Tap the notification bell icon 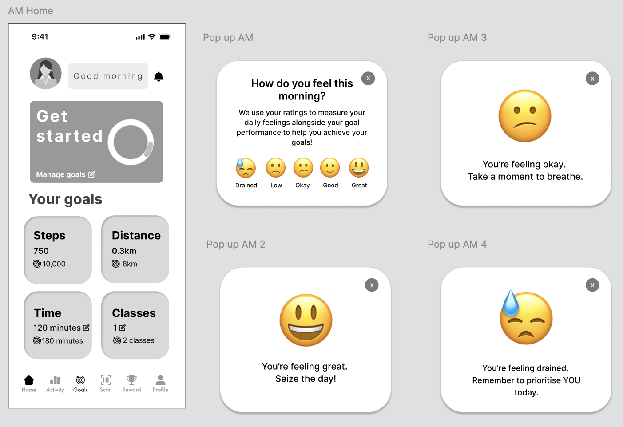(x=159, y=76)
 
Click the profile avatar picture (x=46, y=73)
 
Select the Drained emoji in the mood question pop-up (x=245, y=167)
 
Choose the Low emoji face (x=276, y=168)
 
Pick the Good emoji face (x=330, y=168)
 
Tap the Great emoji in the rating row (x=359, y=168)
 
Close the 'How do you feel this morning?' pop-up (x=368, y=79)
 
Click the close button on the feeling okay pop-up (x=592, y=79)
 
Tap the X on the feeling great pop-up (x=372, y=285)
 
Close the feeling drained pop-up (x=592, y=285)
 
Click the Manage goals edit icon (x=91, y=174)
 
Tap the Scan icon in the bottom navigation (x=106, y=380)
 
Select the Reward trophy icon (x=131, y=380)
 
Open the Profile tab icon (x=160, y=380)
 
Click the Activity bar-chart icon (x=55, y=380)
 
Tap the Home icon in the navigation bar (x=29, y=380)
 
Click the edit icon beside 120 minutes (x=86, y=328)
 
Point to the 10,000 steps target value (x=54, y=264)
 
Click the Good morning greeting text (x=108, y=76)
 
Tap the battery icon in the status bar (x=165, y=37)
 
